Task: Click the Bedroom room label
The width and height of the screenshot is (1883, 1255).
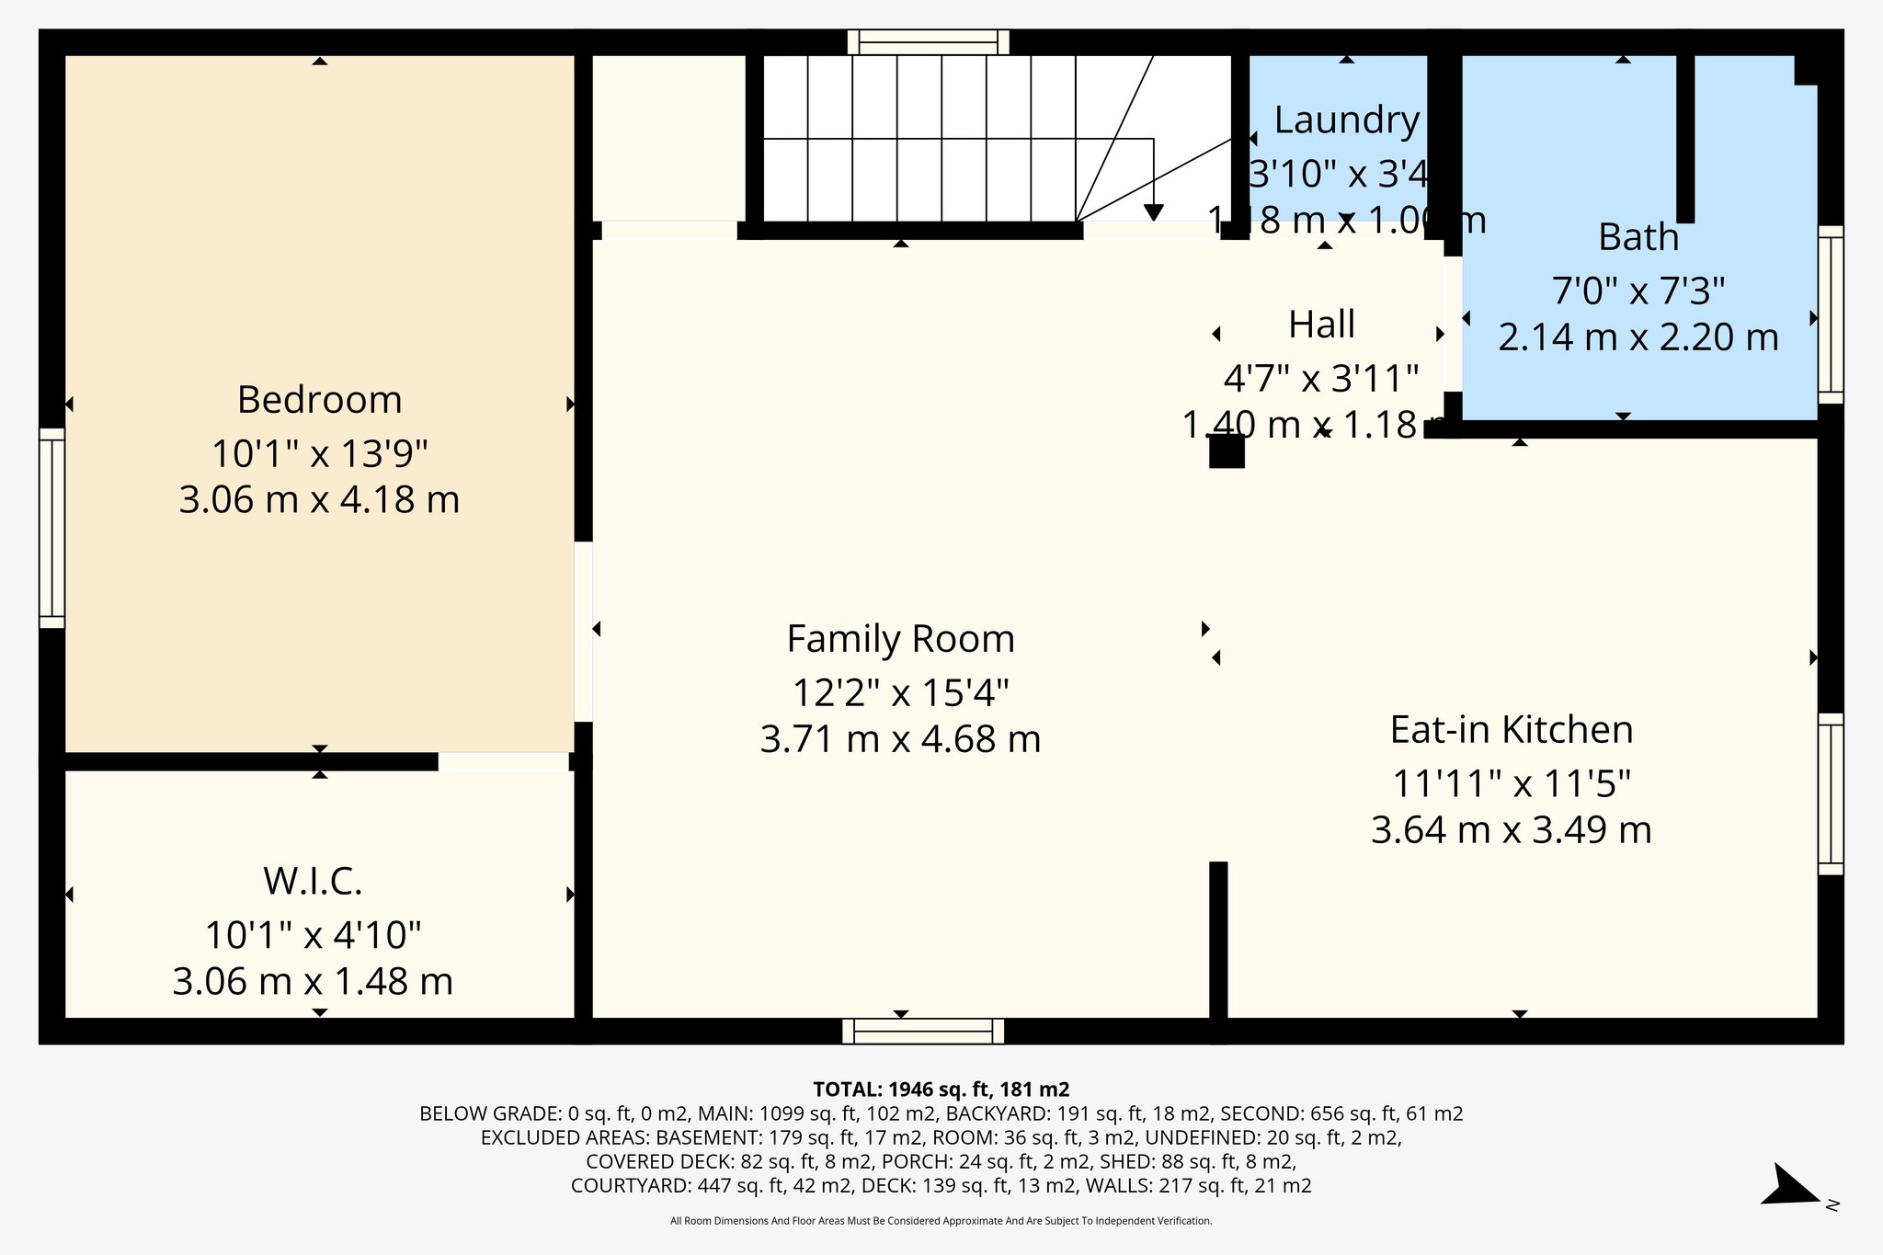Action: point(319,400)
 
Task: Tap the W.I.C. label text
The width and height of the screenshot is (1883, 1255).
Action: point(313,881)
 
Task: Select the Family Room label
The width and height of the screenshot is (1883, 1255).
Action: point(900,639)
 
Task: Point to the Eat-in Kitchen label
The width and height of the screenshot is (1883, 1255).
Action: point(1511,730)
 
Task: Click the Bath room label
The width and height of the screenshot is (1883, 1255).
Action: point(1638,237)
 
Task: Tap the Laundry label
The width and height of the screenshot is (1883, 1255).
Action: point(1346,120)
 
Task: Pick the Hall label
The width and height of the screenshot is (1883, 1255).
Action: point(1321,325)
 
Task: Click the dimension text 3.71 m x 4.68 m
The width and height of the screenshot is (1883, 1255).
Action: point(900,739)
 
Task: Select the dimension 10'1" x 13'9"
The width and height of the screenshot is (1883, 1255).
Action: point(319,454)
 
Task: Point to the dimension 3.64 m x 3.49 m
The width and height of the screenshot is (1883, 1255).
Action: point(1511,830)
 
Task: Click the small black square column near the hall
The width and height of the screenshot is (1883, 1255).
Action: point(1226,451)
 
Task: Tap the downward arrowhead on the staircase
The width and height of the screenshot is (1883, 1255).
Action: point(1153,212)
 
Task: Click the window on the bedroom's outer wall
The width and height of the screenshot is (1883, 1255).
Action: point(51,528)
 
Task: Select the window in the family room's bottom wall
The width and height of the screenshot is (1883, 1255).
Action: point(923,1031)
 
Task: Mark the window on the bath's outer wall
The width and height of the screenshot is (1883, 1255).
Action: point(1830,314)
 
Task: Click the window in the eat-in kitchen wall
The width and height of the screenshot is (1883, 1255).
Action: point(1830,793)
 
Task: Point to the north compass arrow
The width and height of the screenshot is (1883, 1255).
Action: point(1793,1188)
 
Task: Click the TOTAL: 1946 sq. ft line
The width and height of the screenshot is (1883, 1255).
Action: point(941,1090)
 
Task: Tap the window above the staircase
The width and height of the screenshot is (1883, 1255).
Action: point(928,42)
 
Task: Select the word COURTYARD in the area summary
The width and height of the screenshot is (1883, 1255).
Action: point(631,1185)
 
